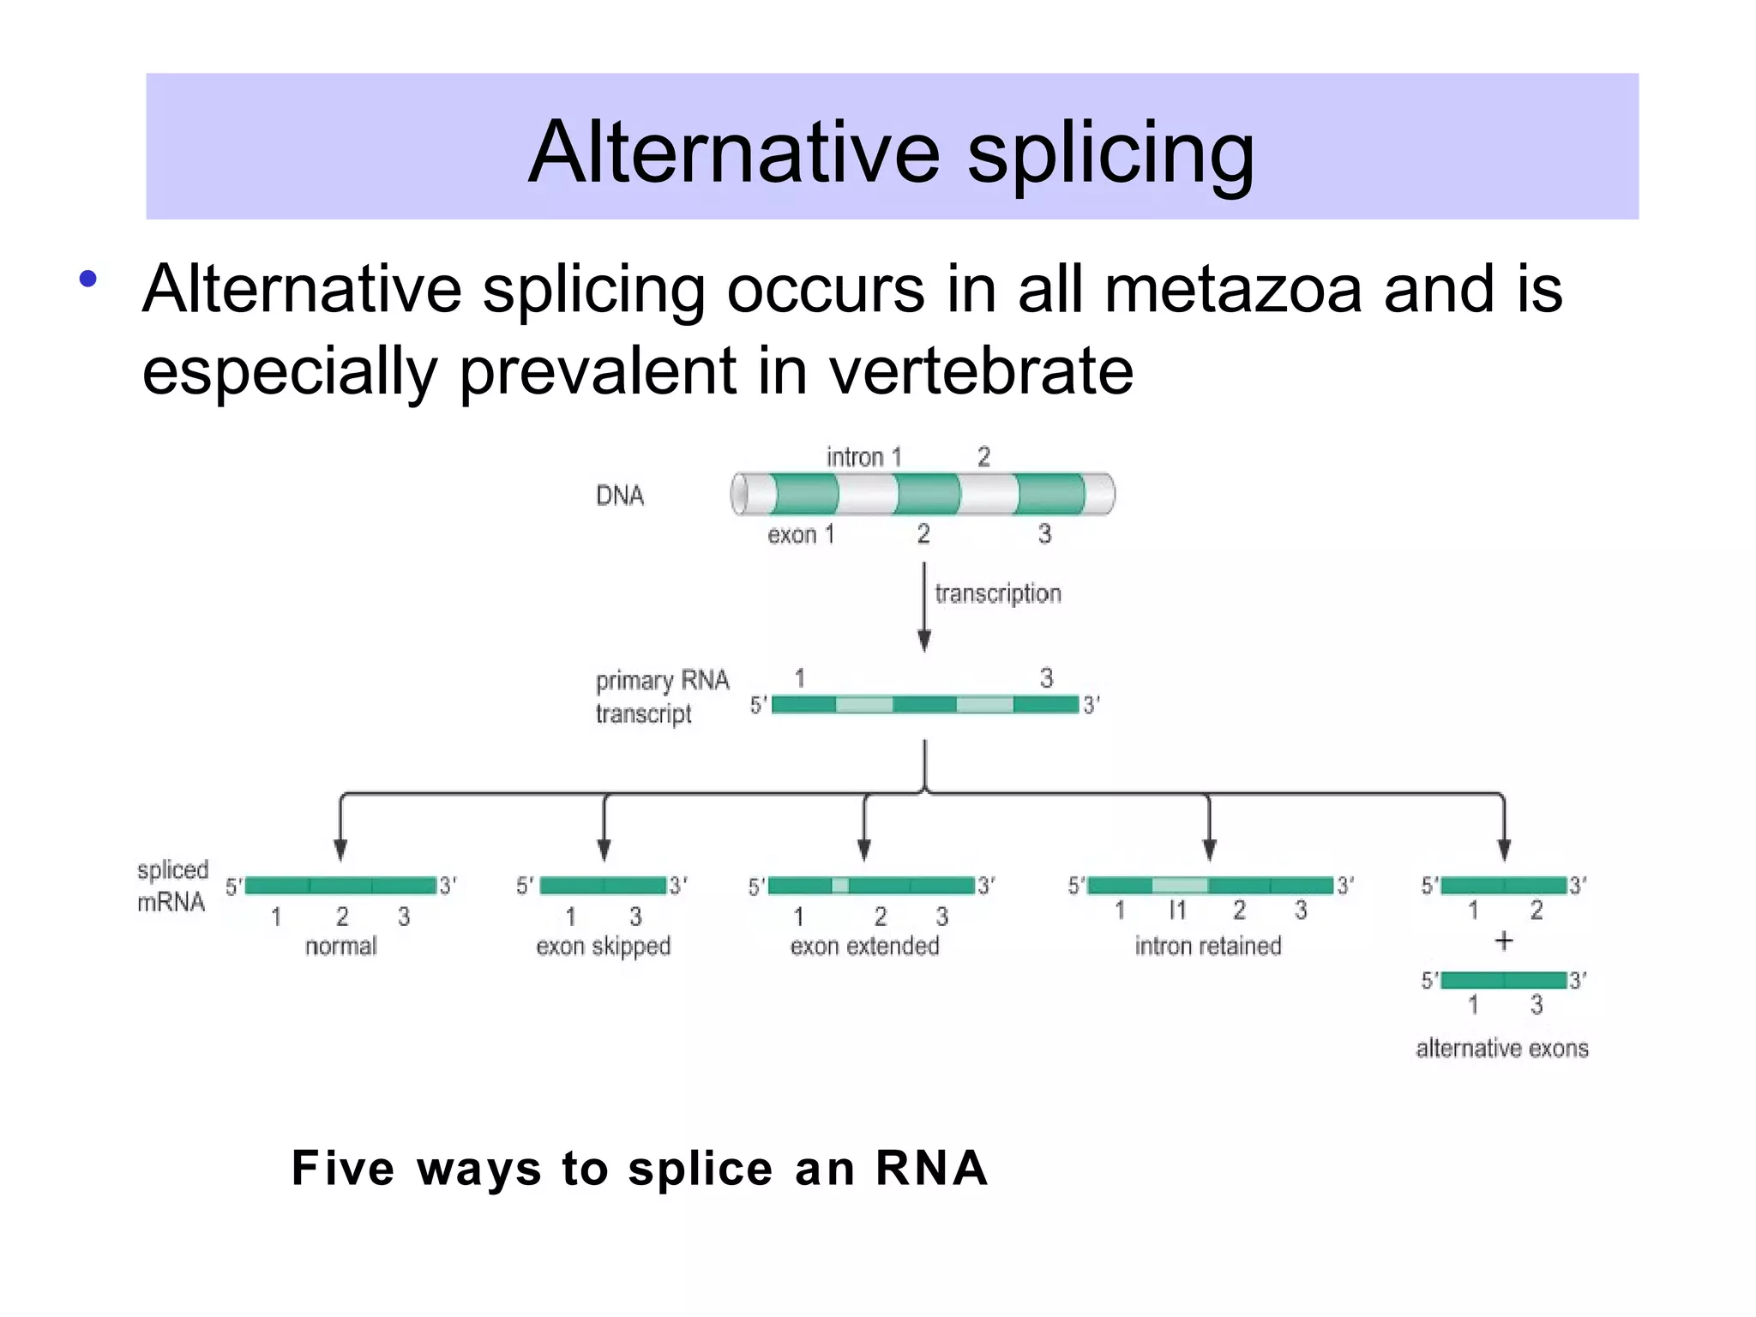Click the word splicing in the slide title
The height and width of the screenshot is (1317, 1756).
click(1110, 154)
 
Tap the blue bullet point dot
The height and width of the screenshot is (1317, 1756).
click(87, 279)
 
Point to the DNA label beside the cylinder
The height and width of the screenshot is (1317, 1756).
click(619, 496)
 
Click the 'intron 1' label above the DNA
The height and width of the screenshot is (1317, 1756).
click(863, 457)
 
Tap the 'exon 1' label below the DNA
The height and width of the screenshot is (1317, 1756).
click(800, 535)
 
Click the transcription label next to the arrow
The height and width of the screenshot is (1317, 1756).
click(997, 593)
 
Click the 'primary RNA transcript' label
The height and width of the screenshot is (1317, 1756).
click(661, 697)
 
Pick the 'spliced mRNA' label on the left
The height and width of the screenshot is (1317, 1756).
click(172, 886)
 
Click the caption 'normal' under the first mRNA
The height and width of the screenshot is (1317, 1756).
click(340, 946)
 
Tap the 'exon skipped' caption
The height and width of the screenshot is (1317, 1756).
click(603, 946)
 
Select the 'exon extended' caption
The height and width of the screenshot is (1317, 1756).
click(864, 946)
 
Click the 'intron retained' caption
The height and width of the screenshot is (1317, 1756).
click(1207, 946)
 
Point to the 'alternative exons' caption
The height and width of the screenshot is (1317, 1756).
click(1501, 1048)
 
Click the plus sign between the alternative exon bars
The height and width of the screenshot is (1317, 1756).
click(1503, 941)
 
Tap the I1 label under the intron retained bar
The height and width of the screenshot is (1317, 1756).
click(1177, 910)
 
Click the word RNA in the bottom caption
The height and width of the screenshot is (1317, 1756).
click(931, 1168)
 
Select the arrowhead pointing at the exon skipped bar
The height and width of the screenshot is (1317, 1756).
click(604, 850)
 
